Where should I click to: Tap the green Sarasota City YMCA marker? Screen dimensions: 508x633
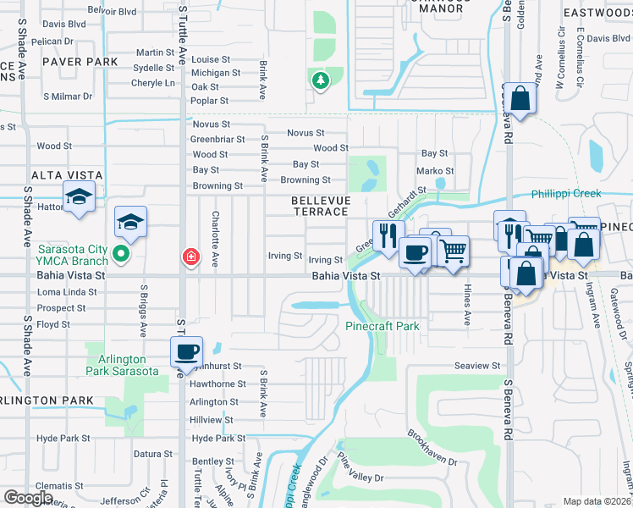(x=122, y=252)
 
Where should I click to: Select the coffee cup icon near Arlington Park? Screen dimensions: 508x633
(x=186, y=351)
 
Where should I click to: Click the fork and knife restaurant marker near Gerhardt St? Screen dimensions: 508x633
(x=388, y=235)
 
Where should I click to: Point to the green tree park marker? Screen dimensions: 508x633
(x=320, y=81)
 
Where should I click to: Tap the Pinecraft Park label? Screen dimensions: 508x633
(x=383, y=325)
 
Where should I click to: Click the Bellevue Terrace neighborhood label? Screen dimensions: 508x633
(x=319, y=204)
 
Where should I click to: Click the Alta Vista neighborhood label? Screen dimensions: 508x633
(x=67, y=175)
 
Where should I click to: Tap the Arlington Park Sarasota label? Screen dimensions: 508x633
(x=123, y=365)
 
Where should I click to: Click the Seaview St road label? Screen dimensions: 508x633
(x=478, y=365)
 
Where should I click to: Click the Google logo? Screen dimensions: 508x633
(x=28, y=498)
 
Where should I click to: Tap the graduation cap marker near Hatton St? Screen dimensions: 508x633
(x=79, y=198)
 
